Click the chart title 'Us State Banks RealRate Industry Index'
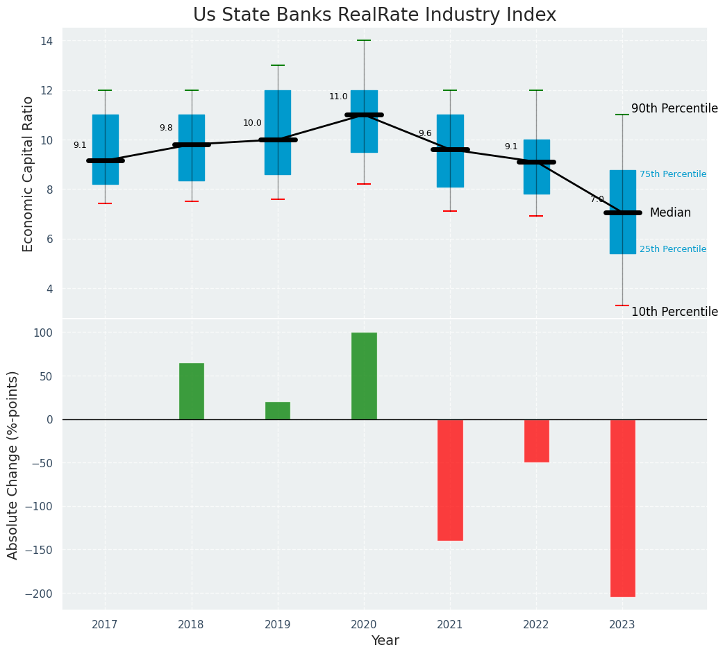[x=374, y=15]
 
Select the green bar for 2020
[x=364, y=376]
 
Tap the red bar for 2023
[x=622, y=508]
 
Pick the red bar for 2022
[x=536, y=440]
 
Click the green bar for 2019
[x=278, y=410]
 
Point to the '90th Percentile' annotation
[x=674, y=109]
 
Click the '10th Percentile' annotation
[x=674, y=312]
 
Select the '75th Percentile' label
[x=672, y=174]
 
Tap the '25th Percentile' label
[x=672, y=249]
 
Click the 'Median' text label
[x=669, y=212]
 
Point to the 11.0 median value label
[x=338, y=97]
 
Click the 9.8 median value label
[x=166, y=128]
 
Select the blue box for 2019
[x=278, y=132]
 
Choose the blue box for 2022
[x=536, y=167]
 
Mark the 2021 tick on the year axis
[x=450, y=624]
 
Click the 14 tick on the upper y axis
[x=47, y=41]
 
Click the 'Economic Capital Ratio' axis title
[x=28, y=174]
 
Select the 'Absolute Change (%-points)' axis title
[x=13, y=464]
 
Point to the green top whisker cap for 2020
[x=364, y=40]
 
